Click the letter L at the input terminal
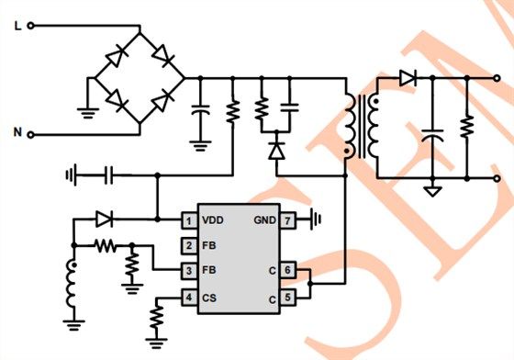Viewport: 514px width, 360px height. (17, 27)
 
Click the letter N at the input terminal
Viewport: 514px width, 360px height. (17, 134)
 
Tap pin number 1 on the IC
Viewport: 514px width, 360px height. (187, 220)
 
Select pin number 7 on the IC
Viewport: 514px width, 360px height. (287, 220)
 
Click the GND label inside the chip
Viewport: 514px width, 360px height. (263, 220)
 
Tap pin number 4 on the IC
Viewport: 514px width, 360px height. (187, 298)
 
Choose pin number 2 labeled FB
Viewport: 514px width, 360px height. (187, 246)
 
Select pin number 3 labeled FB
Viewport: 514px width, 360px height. (187, 271)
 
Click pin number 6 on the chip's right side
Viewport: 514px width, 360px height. (287, 271)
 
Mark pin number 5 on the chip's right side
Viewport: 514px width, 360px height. (287, 298)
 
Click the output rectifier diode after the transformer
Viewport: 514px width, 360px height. (406, 80)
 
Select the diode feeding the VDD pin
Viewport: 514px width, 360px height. (104, 219)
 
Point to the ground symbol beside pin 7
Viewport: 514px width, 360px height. (315, 220)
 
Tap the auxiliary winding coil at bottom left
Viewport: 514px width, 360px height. (72, 285)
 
